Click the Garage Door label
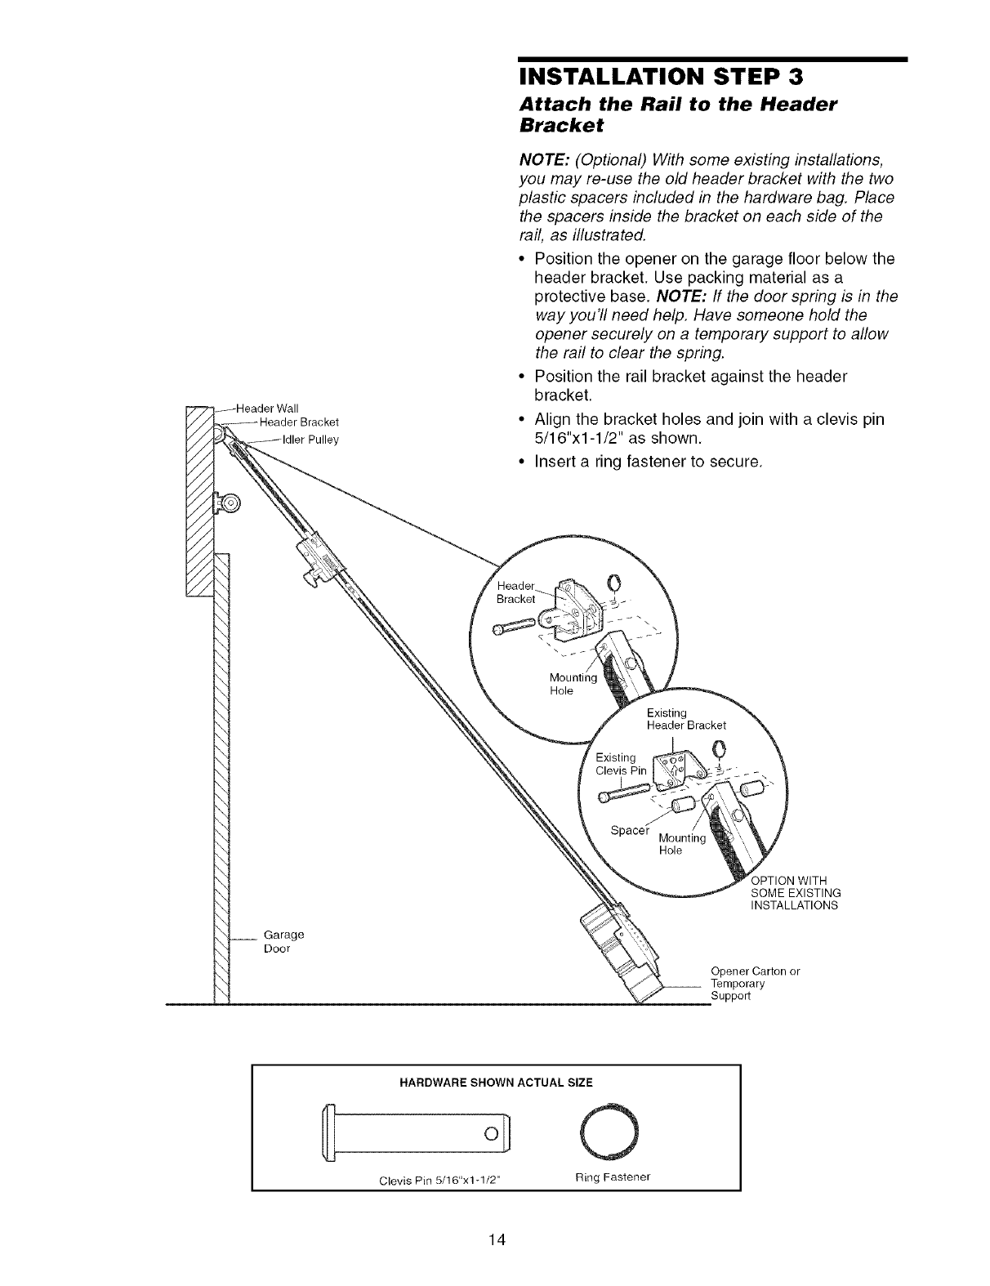(x=283, y=941)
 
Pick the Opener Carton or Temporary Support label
(x=754, y=984)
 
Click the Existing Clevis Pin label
(x=621, y=763)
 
